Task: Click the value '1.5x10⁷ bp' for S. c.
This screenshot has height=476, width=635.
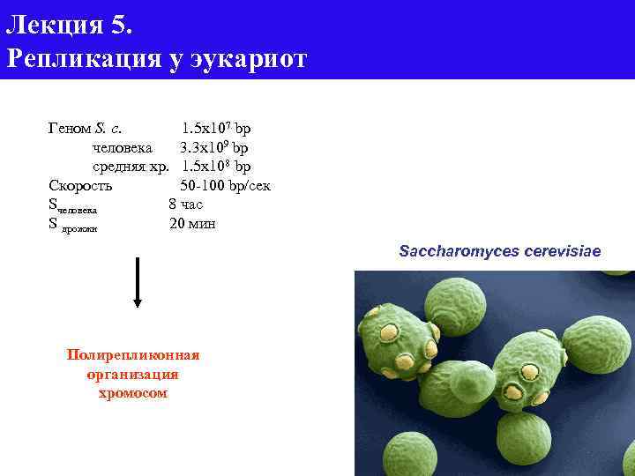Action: tap(217, 128)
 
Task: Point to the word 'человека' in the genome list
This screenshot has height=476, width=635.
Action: tap(122, 146)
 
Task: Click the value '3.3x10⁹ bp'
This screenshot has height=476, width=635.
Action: tap(214, 146)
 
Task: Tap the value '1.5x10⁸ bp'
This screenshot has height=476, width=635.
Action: tap(217, 166)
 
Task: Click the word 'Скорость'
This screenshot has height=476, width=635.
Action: tap(80, 185)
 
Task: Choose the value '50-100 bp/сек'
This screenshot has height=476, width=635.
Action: tap(225, 185)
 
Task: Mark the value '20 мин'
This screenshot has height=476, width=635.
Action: tap(192, 224)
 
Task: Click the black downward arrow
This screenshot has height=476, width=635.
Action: tap(138, 282)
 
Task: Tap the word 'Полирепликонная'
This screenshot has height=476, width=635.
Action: tap(133, 354)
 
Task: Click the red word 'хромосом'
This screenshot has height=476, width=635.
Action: tap(133, 393)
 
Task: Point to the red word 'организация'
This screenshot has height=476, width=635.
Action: tap(133, 374)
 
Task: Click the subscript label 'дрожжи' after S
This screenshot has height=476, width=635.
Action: tap(80, 228)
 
